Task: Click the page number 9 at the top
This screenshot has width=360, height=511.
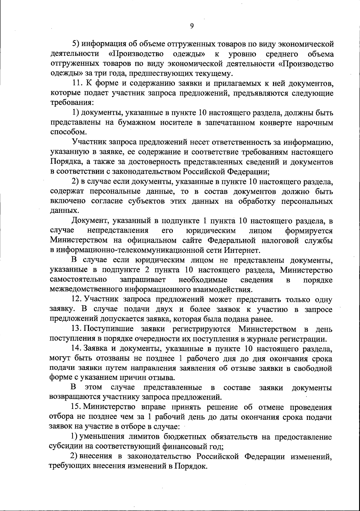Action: point(192,26)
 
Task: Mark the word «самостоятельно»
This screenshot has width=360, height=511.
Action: point(79,280)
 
